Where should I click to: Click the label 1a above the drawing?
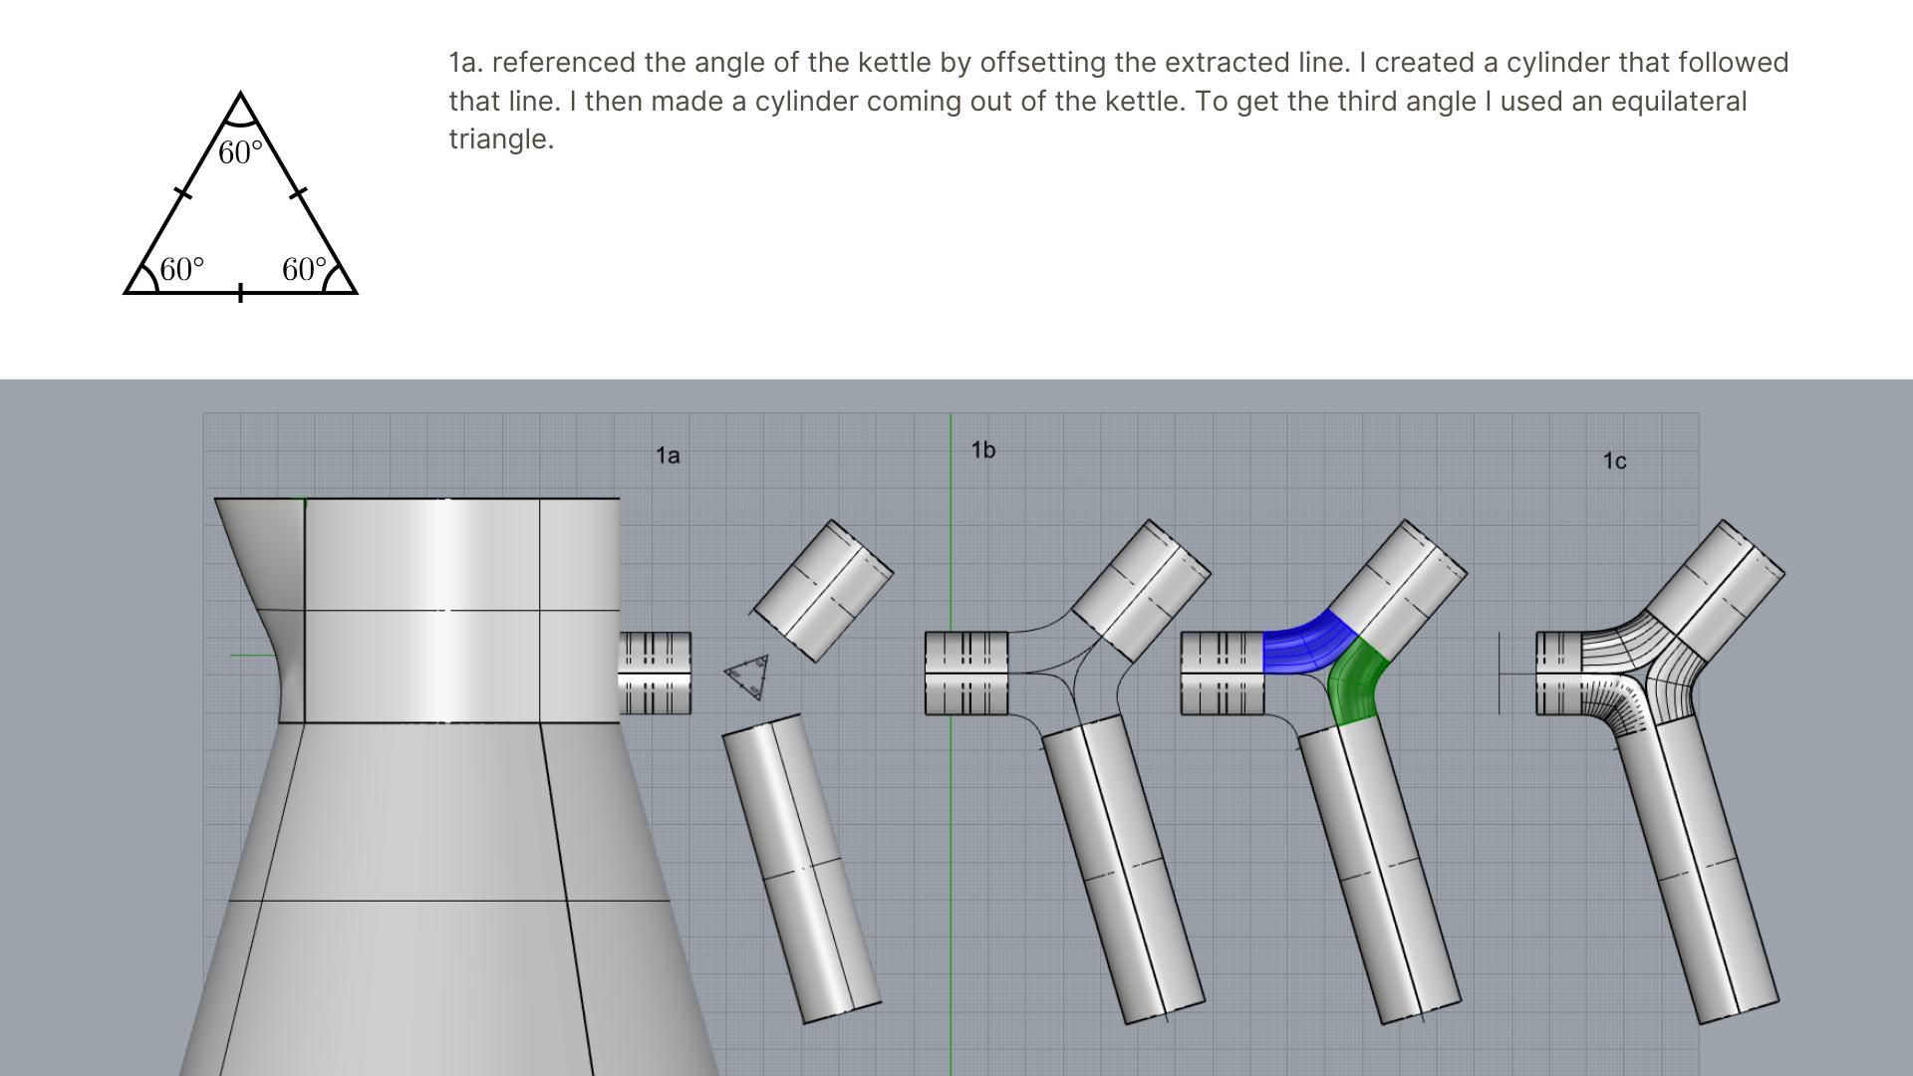pos(668,455)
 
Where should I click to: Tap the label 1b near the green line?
pos(983,450)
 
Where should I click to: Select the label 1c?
pos(1614,460)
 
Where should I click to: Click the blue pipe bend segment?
pos(1305,643)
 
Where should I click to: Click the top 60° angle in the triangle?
pos(240,152)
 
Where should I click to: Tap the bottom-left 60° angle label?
pos(181,269)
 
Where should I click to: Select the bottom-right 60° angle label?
pos(304,269)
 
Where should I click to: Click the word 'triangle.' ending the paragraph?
pos(501,139)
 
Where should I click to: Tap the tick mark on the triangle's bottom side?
pos(240,293)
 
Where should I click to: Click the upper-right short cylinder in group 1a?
pos(822,591)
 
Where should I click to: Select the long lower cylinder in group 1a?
pos(801,868)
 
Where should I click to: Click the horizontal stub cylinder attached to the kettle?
pos(655,673)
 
